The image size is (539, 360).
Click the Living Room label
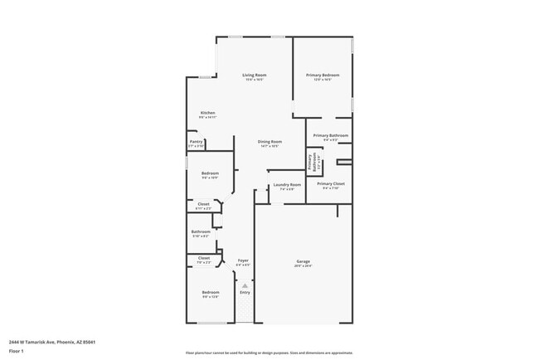click(x=253, y=75)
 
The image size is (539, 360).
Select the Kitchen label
click(x=207, y=113)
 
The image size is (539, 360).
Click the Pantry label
click(x=196, y=142)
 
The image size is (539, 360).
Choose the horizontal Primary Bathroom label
click(x=330, y=135)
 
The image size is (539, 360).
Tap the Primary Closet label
click(x=330, y=183)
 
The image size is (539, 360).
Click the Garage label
click(x=303, y=261)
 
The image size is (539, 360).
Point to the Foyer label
click(x=243, y=260)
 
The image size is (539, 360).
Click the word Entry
click(x=245, y=292)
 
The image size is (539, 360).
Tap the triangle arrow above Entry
click(x=245, y=285)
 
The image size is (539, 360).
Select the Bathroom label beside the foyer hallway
click(x=201, y=231)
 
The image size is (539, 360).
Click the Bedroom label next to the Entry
click(x=211, y=292)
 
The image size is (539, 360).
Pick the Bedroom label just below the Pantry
click(x=210, y=173)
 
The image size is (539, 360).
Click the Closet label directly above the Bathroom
click(x=203, y=203)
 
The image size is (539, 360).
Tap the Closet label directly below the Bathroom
click(x=203, y=258)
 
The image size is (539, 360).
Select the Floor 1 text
click(x=16, y=351)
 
